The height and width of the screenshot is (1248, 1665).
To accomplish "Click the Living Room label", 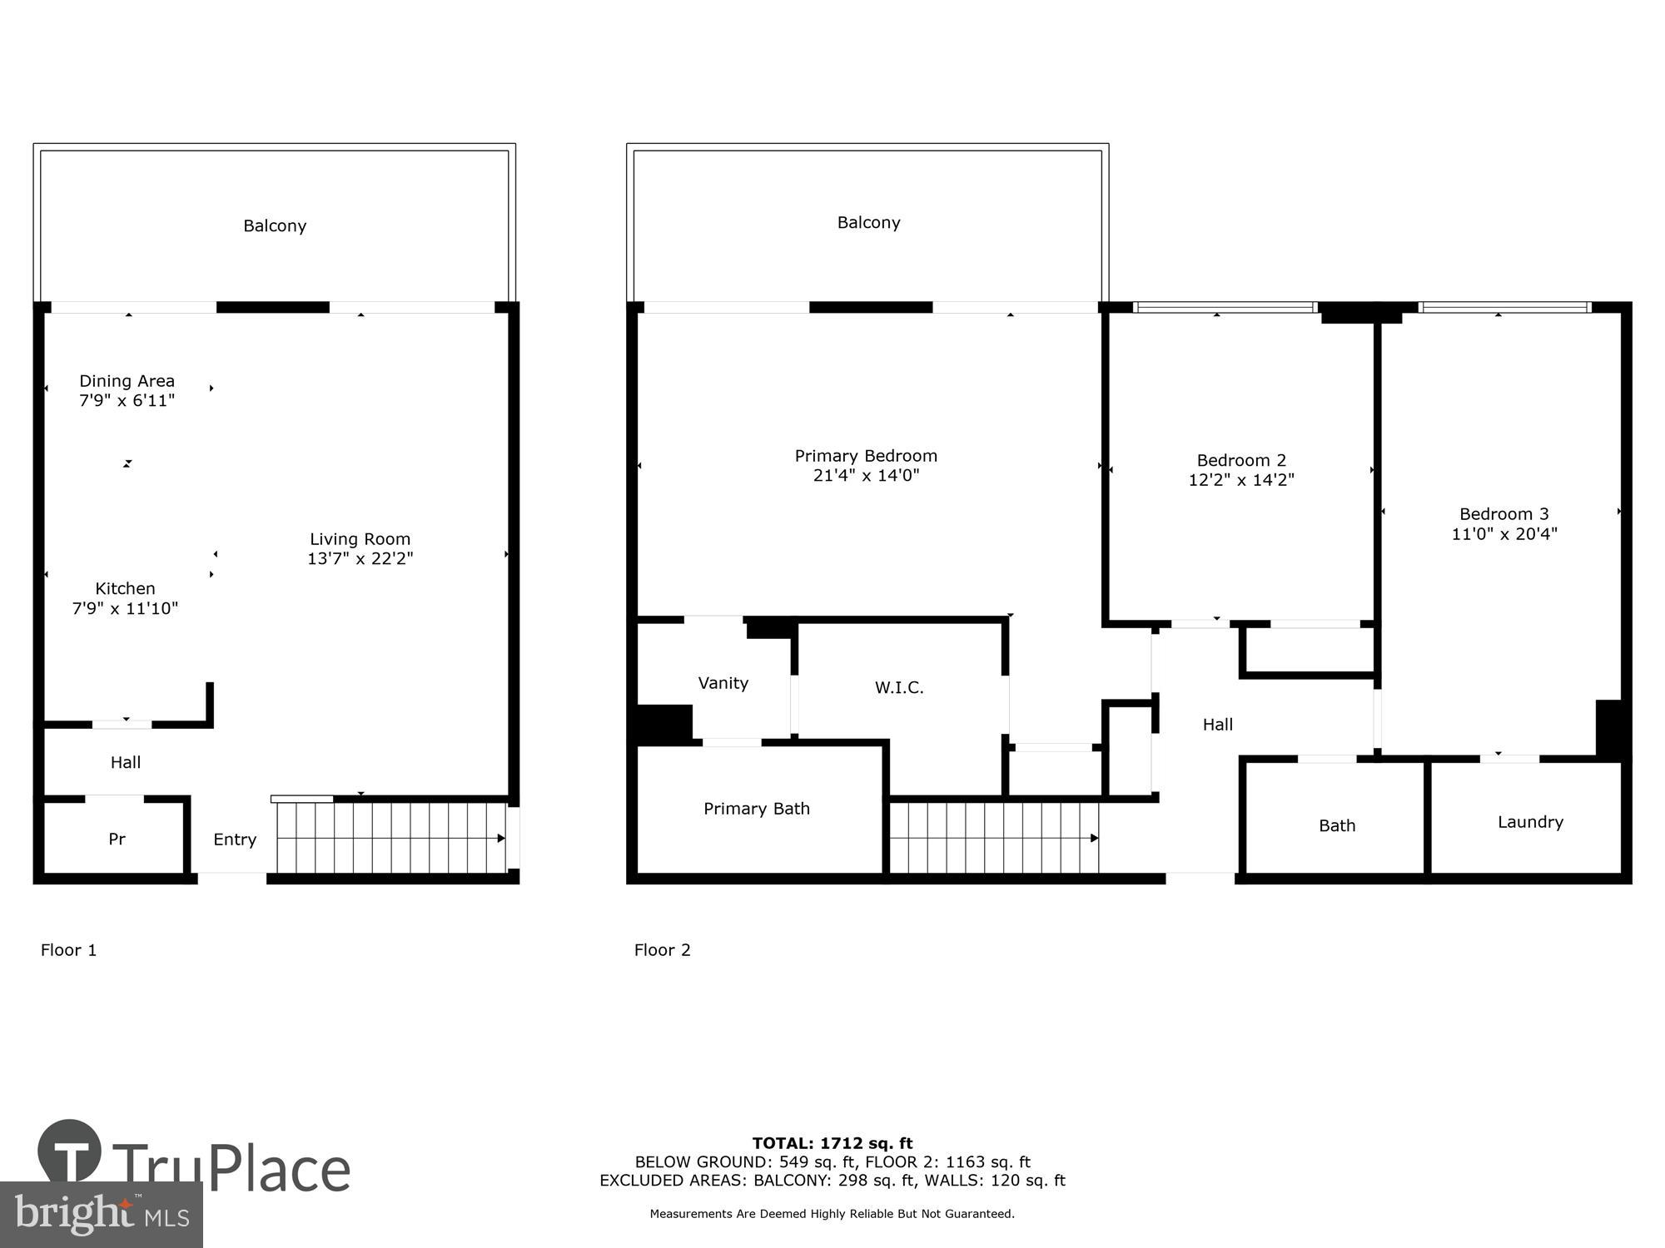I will point(360,539).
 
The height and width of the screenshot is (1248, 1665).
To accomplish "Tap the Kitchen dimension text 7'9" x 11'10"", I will point(125,608).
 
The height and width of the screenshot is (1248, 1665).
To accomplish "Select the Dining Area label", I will point(127,381).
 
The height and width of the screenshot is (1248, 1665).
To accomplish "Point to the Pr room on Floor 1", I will point(117,839).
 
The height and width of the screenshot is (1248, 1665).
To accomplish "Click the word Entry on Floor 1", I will point(235,839).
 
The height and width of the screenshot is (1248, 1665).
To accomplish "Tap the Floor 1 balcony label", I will point(275,226).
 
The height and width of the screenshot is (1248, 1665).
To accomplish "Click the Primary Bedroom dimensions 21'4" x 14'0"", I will point(866,476).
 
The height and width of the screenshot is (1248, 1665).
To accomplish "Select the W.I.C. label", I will point(899,687).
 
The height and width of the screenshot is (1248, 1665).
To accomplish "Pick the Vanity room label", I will point(723,683).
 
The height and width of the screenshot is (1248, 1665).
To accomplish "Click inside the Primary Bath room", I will point(756,809).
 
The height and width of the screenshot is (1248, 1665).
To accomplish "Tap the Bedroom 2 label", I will point(1241,460).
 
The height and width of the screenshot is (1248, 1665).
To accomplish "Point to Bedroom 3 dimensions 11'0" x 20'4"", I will point(1503,534).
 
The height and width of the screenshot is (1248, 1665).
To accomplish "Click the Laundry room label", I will point(1530,822).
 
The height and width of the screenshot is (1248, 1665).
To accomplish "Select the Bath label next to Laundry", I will point(1337,825).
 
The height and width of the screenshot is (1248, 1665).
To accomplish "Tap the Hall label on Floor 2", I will point(1217,725).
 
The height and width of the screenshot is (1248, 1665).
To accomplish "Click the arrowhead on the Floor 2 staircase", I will point(1095,838).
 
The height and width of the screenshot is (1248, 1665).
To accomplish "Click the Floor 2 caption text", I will point(662,950).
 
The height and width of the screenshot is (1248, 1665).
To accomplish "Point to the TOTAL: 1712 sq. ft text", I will point(832,1143).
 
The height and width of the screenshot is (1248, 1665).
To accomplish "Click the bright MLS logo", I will point(101,1215).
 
